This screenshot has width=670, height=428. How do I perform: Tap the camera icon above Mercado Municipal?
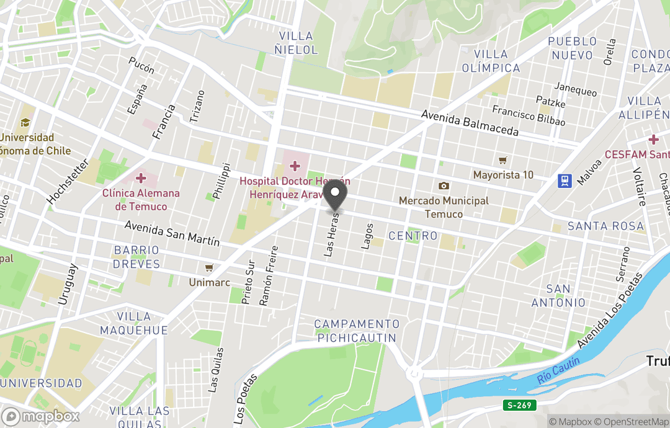(x=444, y=186)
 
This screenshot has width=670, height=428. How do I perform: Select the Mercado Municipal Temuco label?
(x=444, y=207)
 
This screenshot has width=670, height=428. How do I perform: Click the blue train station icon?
(x=565, y=180)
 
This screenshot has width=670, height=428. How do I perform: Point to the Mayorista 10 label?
(x=503, y=175)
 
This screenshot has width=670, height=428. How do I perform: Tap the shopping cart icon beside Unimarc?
(x=209, y=268)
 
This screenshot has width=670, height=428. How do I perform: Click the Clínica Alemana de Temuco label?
(x=141, y=200)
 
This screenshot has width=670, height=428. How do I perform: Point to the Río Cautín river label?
(x=559, y=370)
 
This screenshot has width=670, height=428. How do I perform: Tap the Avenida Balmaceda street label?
(x=470, y=123)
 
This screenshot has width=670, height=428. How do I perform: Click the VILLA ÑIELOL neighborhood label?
(x=298, y=43)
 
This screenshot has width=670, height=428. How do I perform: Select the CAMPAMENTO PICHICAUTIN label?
(x=356, y=331)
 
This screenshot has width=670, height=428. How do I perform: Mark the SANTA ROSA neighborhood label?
(x=605, y=226)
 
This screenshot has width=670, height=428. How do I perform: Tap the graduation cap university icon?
(x=25, y=123)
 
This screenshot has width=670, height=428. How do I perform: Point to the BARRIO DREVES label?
(x=136, y=257)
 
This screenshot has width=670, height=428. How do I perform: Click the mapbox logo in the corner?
(x=41, y=416)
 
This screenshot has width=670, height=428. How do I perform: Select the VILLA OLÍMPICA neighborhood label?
(x=490, y=61)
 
